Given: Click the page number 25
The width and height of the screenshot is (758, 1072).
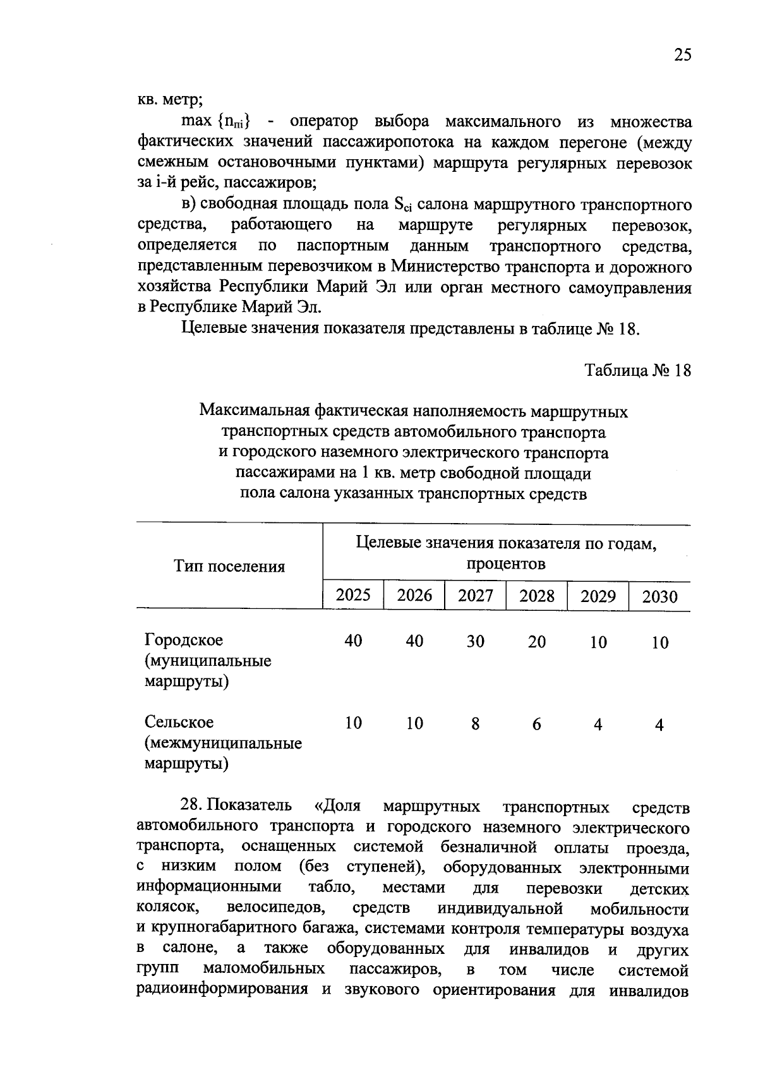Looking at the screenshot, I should [x=682, y=56].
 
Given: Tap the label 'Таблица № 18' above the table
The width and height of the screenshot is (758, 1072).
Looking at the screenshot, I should [x=638, y=370].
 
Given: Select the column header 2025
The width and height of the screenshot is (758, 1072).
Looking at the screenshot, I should [x=353, y=595].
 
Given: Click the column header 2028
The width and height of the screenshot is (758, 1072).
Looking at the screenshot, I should [x=536, y=596].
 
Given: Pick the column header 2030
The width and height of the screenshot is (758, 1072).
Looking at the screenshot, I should [x=659, y=597].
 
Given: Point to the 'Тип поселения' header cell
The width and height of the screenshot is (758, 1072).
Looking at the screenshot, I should [x=229, y=567].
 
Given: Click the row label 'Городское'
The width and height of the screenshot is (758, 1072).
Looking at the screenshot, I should [x=184, y=641].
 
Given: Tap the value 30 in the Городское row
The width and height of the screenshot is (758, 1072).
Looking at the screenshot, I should [x=475, y=642].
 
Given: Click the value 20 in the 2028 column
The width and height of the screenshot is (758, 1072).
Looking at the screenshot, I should [x=536, y=642].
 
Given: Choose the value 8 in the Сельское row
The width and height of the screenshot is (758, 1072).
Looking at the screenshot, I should [x=475, y=724].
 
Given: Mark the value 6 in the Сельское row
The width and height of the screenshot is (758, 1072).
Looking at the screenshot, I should [x=536, y=725].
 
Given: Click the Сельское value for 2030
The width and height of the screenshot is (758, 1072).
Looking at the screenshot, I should [x=659, y=725].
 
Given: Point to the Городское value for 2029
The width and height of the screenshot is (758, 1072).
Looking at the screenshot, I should [x=598, y=643].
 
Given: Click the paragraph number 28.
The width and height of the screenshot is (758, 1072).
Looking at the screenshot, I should [x=190, y=806].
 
